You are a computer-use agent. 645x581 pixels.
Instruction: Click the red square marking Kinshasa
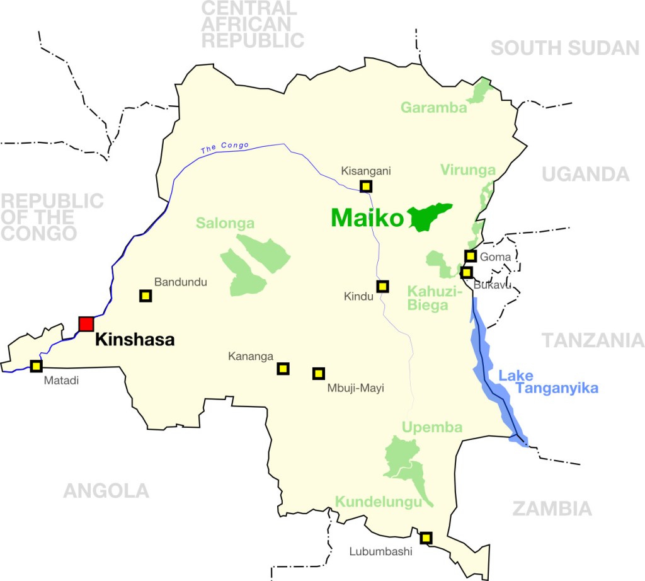[86, 324]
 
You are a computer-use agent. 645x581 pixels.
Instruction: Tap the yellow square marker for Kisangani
[366, 186]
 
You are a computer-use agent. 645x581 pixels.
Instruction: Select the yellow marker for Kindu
[382, 286]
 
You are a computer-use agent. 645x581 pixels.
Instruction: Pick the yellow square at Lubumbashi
[426, 538]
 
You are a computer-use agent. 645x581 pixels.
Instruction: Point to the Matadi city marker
[36, 366]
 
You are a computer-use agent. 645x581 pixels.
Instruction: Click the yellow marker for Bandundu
[146, 296]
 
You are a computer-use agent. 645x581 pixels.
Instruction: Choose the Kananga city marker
[283, 369]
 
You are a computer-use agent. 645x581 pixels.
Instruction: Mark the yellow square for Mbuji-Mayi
[319, 374]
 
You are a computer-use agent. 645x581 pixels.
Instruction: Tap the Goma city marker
[471, 255]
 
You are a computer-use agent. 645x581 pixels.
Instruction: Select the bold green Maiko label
[367, 219]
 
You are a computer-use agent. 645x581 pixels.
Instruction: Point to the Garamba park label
[434, 108]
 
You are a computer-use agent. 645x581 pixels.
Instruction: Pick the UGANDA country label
[585, 175]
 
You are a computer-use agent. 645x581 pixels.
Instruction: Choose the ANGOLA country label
[106, 490]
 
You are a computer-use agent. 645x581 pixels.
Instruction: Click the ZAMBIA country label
[552, 509]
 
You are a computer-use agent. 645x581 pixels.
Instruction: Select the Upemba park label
[432, 427]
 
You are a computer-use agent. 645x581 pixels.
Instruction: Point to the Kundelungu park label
[378, 502]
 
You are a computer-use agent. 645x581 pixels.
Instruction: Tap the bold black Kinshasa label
[134, 340]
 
